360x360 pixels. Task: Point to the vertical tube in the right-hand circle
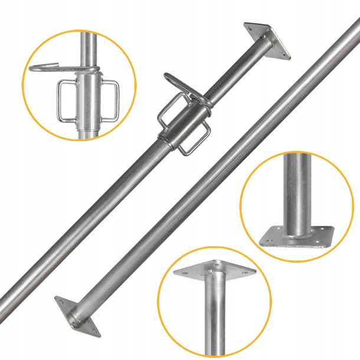pos(299,189)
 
